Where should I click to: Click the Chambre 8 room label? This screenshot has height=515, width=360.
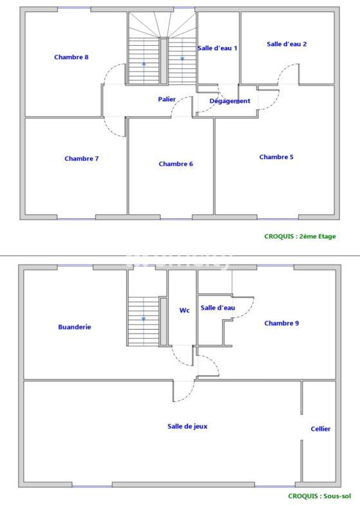71,57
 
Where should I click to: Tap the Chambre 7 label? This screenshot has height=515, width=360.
81,158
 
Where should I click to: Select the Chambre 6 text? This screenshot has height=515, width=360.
176,164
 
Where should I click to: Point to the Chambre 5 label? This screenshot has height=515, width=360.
276,157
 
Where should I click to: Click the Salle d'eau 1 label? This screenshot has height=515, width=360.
218,48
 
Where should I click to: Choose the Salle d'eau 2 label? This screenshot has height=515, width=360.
287,44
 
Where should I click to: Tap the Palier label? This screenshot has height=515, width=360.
167,99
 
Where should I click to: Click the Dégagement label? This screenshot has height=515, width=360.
230,101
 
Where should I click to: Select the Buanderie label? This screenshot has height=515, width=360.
75,327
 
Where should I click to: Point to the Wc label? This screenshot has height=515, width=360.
184,310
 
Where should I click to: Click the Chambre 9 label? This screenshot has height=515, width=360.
281,323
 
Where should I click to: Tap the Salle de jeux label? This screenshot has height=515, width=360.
187,426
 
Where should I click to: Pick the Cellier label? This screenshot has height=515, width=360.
320,429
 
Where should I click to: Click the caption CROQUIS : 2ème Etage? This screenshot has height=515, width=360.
300,236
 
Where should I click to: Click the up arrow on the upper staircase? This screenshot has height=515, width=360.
144,64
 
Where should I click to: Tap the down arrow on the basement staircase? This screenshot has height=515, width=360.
144,319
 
